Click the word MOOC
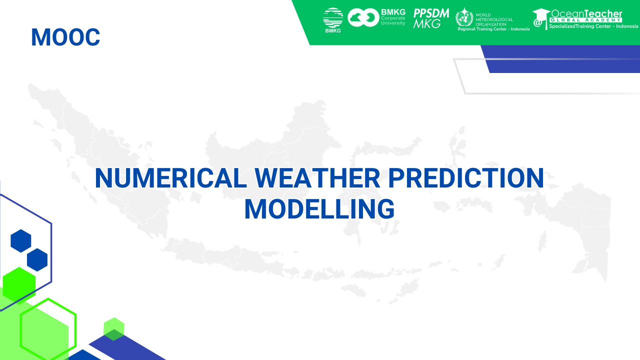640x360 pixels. (65, 37)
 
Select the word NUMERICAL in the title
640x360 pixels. (171, 178)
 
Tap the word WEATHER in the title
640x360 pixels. (317, 178)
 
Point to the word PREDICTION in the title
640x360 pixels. (465, 178)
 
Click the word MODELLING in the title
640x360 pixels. (319, 209)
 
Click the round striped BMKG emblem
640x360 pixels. (333, 17)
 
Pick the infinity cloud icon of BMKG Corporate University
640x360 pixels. (363, 17)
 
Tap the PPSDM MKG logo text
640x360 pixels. (431, 18)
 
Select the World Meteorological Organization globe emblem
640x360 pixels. (464, 17)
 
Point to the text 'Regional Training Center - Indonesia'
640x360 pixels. (493, 29)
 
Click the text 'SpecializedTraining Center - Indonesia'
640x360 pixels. (593, 26)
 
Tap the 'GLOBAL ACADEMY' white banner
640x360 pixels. (586, 20)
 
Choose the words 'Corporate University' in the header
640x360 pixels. (393, 20)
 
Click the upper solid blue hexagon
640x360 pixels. (21, 241)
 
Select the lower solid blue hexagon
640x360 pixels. (37, 259)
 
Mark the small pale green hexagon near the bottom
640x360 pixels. (114, 329)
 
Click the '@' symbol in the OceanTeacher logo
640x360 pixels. (537, 22)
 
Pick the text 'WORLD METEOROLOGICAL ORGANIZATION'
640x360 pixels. (494, 19)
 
